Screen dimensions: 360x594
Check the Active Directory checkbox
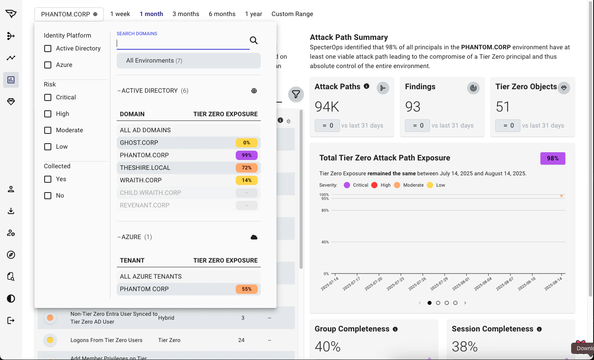(48, 49)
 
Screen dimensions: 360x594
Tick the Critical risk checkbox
(48, 97)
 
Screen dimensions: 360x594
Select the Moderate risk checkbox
(48, 130)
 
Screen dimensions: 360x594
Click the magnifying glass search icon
(254, 40)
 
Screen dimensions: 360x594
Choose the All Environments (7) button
(188, 61)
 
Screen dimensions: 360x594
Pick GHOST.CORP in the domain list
(139, 143)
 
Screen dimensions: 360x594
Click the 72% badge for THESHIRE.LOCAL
(246, 168)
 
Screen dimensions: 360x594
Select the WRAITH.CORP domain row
(141, 180)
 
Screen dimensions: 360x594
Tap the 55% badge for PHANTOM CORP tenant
(246, 289)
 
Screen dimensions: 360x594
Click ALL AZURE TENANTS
(151, 277)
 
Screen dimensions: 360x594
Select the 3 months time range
(186, 14)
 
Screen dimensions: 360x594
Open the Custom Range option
(292, 14)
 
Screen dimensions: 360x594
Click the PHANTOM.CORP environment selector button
(69, 14)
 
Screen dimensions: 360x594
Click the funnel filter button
(296, 94)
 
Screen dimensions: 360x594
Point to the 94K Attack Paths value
(327, 106)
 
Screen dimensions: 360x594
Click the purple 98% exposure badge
(552, 158)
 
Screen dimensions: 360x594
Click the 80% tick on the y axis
(325, 211)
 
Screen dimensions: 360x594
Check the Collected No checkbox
(48, 196)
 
